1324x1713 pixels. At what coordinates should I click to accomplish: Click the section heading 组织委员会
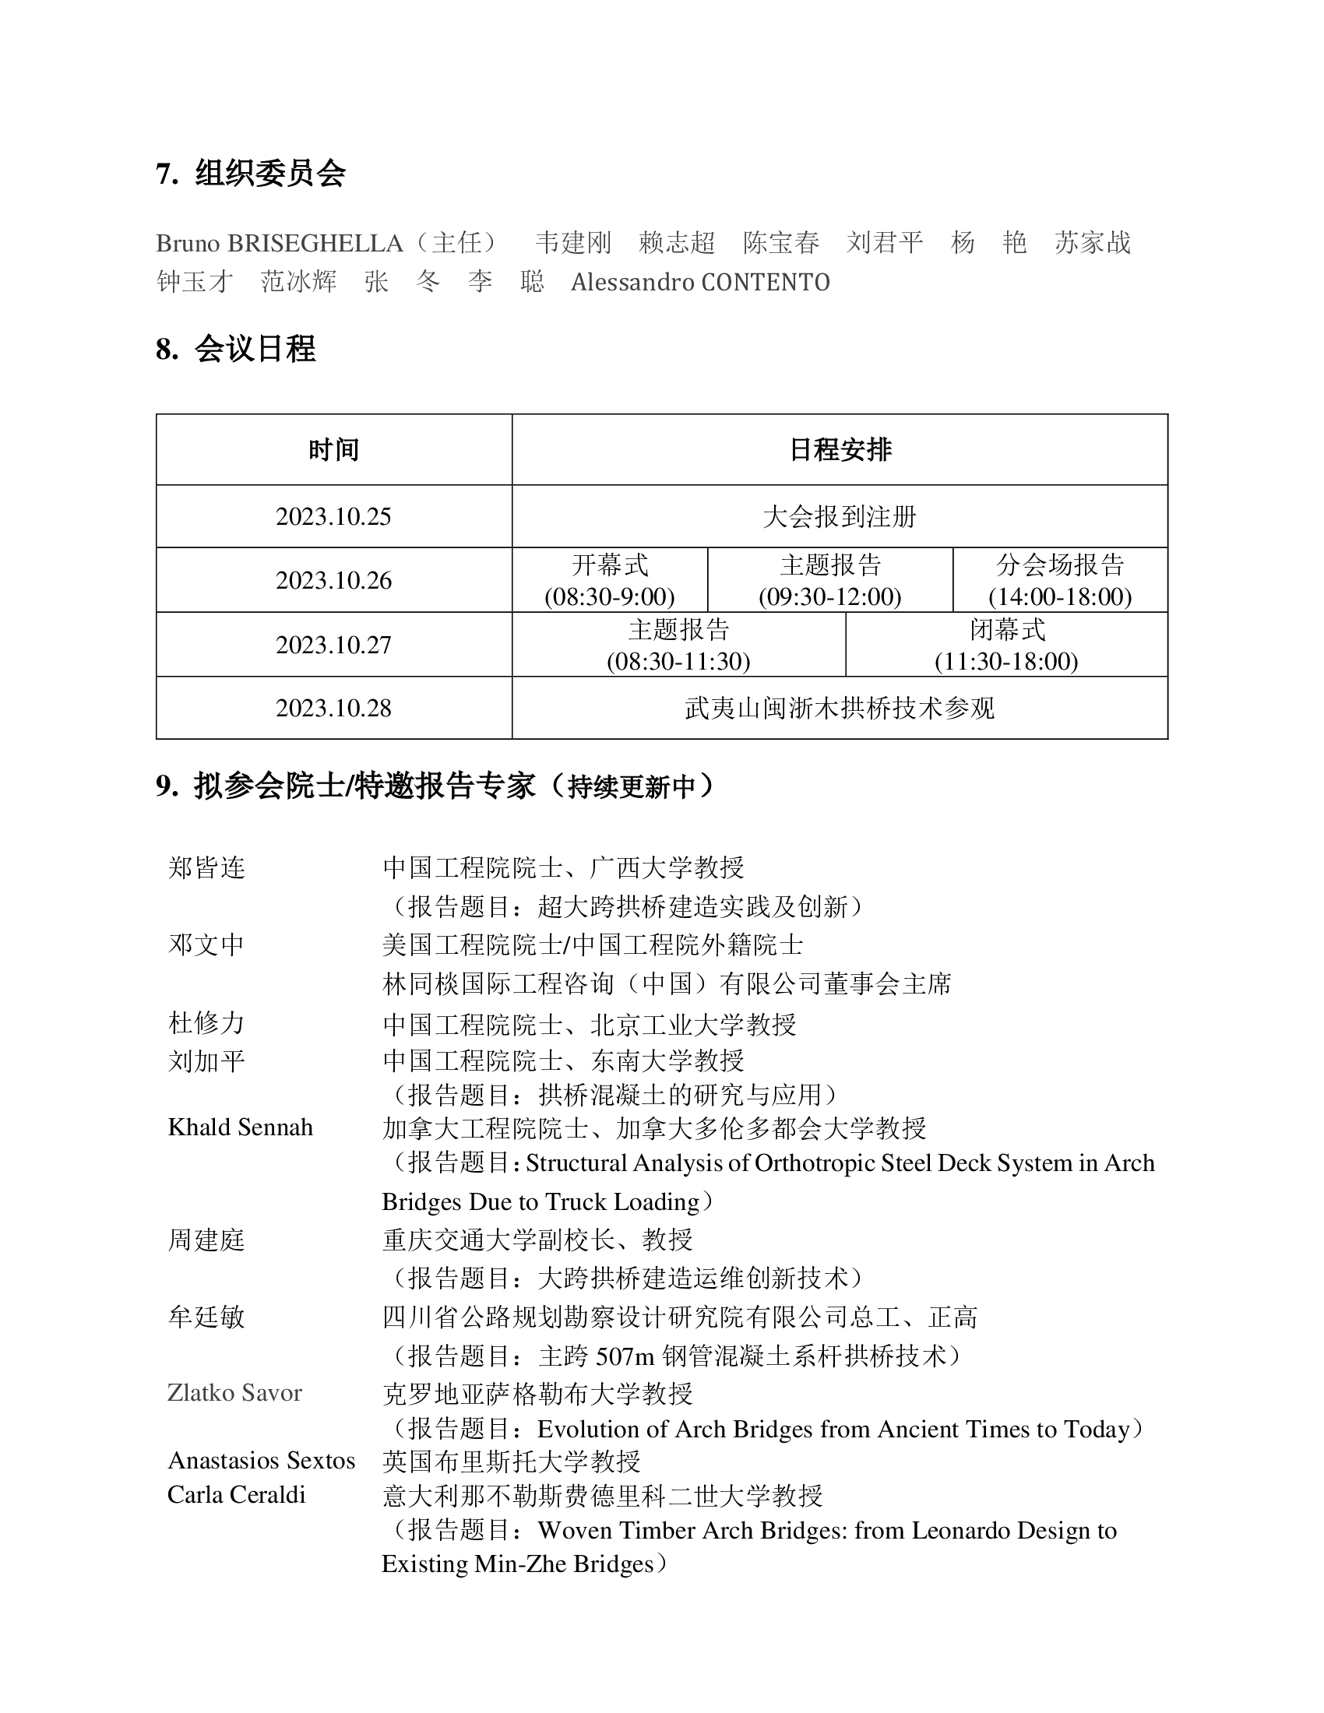coord(269,174)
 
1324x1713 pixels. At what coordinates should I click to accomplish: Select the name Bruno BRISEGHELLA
coord(280,243)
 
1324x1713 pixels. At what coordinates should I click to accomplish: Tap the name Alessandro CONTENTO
coord(699,283)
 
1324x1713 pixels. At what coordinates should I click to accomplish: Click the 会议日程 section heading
coord(255,349)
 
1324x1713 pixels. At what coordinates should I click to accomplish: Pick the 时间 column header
coord(333,450)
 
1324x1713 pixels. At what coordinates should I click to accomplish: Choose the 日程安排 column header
coord(840,450)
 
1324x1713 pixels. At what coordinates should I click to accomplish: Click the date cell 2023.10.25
coord(333,517)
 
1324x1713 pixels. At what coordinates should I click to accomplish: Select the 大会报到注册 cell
coord(840,517)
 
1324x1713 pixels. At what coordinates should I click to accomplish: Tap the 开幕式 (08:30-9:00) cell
coord(610,580)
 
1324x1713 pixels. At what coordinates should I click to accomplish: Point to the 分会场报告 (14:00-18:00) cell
coord(1060,580)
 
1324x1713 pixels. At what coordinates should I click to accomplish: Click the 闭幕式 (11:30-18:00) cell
coord(1006,645)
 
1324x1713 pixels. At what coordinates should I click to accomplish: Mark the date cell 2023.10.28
coord(333,709)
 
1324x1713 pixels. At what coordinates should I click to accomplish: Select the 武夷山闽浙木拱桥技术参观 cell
coord(840,709)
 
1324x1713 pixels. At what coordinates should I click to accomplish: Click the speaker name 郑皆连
coord(206,868)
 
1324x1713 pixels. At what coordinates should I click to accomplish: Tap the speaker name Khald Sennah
coord(240,1128)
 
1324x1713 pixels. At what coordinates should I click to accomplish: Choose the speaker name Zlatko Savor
coord(234,1393)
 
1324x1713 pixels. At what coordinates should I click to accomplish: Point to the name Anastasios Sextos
coord(261,1461)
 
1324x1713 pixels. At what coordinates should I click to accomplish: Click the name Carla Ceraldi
coord(236,1495)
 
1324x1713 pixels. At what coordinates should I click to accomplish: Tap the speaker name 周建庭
coord(206,1240)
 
